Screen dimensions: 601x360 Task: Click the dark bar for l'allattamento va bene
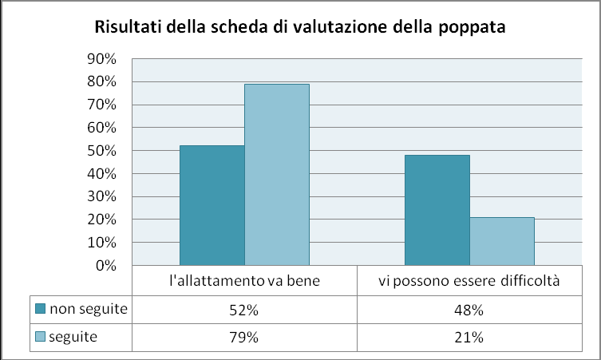212,205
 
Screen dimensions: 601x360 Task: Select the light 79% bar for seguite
277,175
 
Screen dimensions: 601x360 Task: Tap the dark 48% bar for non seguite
437,210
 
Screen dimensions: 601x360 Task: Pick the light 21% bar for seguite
502,241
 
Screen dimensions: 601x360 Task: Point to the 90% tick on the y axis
101,58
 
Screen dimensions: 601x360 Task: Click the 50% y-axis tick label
101,151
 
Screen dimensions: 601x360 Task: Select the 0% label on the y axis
106,265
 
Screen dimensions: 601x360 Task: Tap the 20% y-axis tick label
101,220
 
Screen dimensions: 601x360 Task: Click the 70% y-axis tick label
101,105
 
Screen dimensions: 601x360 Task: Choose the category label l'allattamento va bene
244,281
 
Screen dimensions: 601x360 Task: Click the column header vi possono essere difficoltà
469,281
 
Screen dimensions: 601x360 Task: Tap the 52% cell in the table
244,310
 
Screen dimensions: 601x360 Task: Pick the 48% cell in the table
469,310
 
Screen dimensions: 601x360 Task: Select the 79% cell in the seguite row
244,338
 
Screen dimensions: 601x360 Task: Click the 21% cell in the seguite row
469,338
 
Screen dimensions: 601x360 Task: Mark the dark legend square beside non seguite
40,309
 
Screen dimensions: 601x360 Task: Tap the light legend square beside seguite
40,337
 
